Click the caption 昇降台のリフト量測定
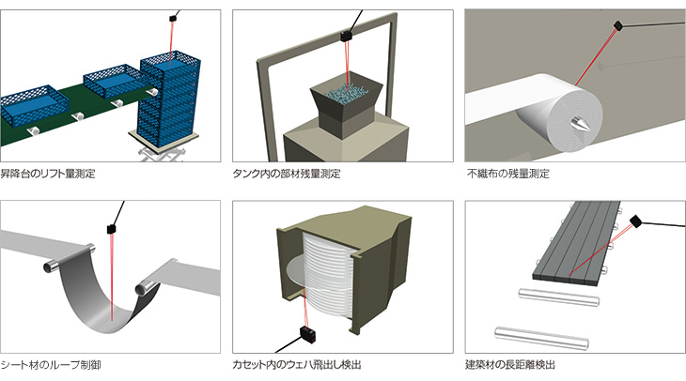pyautogui.click(x=48, y=174)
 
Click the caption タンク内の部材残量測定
pyautogui.click(x=286, y=174)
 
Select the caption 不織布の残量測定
pyautogui.click(x=507, y=174)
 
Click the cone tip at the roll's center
pyautogui.click(x=573, y=122)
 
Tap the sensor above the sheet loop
pyautogui.click(x=110, y=228)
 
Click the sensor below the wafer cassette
pyautogui.click(x=306, y=333)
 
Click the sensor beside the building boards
pyautogui.click(x=636, y=221)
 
